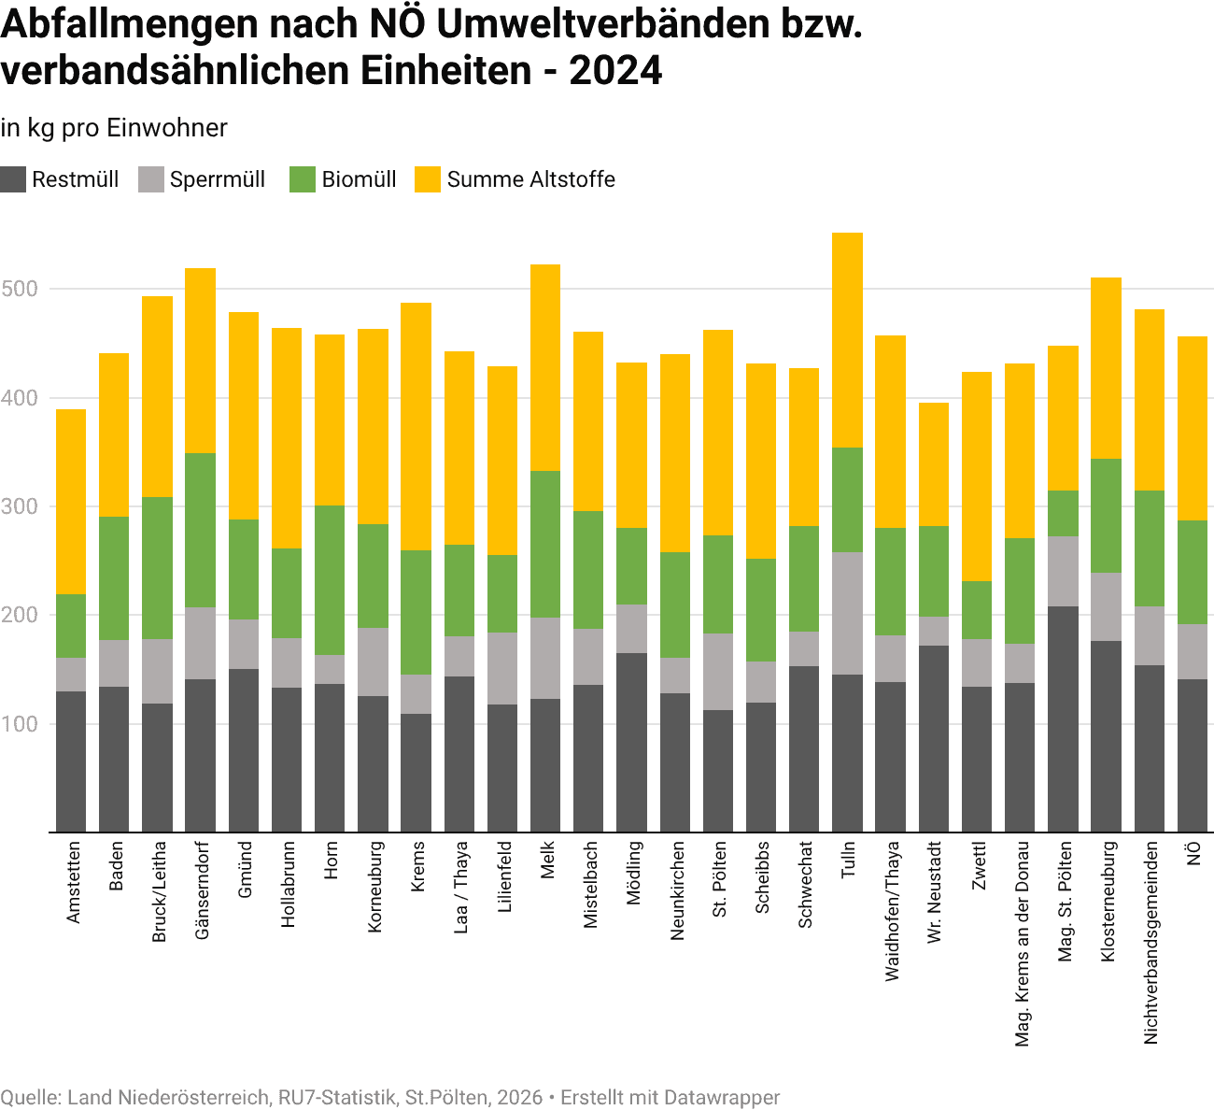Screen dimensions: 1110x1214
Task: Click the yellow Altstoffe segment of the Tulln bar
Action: click(x=847, y=340)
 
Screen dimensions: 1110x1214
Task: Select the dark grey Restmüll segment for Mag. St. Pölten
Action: click(x=1063, y=719)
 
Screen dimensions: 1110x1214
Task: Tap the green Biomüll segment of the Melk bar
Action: click(x=545, y=544)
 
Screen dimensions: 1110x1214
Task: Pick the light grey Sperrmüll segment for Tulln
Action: click(x=847, y=613)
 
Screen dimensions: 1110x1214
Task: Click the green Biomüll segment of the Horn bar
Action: click(x=330, y=579)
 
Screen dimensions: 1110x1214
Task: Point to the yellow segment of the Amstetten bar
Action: click(x=71, y=502)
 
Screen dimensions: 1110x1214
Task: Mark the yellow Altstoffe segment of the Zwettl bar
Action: click(x=977, y=477)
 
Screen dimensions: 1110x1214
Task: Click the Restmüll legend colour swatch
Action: click(x=13, y=179)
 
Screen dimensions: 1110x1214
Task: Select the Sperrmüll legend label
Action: click(x=217, y=179)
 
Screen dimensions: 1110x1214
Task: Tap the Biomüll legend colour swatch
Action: click(x=303, y=179)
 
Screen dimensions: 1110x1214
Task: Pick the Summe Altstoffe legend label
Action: click(x=530, y=179)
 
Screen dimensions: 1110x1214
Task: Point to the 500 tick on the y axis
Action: click(x=19, y=289)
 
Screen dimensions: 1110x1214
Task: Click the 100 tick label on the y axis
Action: click(x=19, y=724)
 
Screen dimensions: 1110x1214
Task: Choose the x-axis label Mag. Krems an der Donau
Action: click(x=1022, y=944)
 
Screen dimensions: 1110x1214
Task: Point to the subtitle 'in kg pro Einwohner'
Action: click(x=114, y=128)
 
